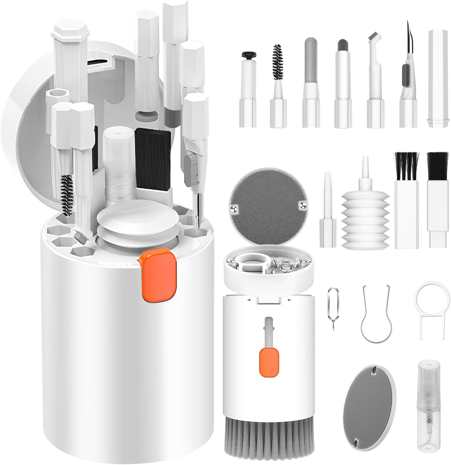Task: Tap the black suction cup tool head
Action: pyautogui.click(x=249, y=56)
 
